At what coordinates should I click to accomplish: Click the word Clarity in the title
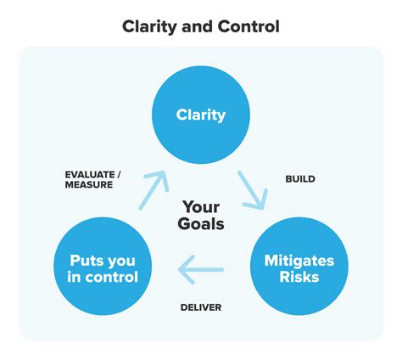(150, 26)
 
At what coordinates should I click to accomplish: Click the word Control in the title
(249, 26)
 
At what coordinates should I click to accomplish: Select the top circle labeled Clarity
(200, 114)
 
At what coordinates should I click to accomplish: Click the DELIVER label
(202, 307)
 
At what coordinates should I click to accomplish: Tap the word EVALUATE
(92, 175)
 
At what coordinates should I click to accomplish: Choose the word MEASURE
(89, 187)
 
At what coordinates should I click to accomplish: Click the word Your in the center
(201, 206)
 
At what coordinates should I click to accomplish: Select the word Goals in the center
(201, 224)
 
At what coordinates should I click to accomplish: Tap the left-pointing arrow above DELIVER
(201, 270)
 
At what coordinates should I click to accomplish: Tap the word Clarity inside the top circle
(200, 114)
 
